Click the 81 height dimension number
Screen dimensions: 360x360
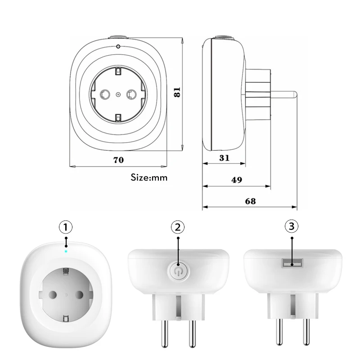coord(178,92)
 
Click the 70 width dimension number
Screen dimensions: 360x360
coord(119,159)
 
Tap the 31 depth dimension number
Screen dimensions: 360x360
coord(225,158)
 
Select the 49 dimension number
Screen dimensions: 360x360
coord(237,180)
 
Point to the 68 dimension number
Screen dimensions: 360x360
coord(250,201)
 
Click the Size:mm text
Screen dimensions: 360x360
coord(149,177)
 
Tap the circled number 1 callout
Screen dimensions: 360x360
coord(66,226)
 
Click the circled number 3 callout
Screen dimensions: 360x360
coord(292,227)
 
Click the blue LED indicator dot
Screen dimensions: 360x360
coord(66,251)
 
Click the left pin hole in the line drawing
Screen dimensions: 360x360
coord(104,94)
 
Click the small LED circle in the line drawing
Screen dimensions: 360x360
coord(118,47)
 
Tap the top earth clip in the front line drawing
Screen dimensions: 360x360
coord(118,71)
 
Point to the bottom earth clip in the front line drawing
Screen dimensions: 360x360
coord(118,117)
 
